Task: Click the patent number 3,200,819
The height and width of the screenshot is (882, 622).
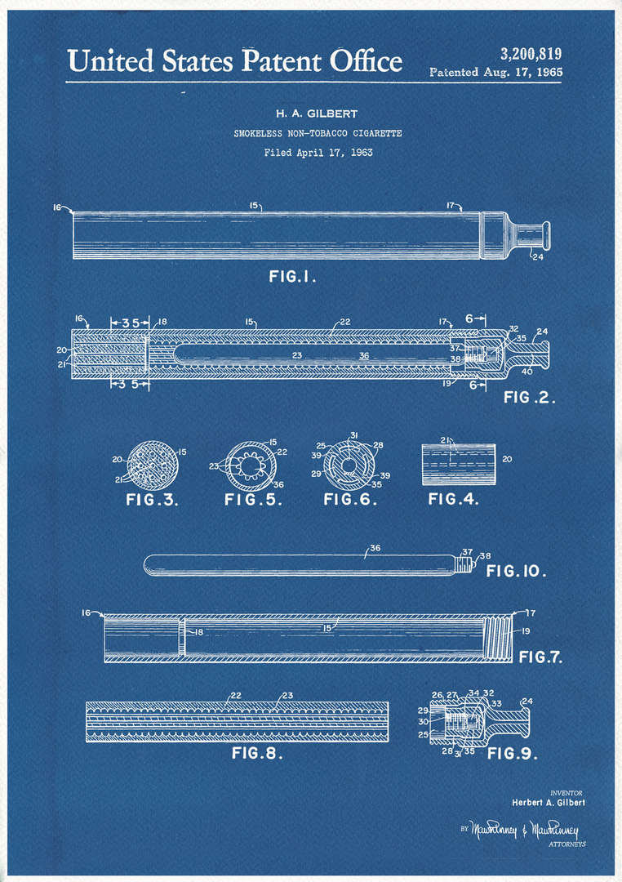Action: pyautogui.click(x=530, y=55)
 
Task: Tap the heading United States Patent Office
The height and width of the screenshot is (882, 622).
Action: pyautogui.click(x=234, y=61)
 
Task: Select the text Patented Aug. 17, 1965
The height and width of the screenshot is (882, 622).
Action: pyautogui.click(x=495, y=72)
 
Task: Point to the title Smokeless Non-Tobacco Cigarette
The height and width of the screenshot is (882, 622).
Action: pyautogui.click(x=318, y=133)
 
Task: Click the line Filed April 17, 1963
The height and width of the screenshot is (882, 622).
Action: pyautogui.click(x=318, y=153)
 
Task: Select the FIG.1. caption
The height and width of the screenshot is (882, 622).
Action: pyautogui.click(x=292, y=277)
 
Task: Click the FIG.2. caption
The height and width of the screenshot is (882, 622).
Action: pyautogui.click(x=529, y=398)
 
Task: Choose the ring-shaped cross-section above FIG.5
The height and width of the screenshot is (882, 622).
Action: pyautogui.click(x=251, y=463)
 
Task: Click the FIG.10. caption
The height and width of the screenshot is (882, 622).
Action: pyautogui.click(x=516, y=571)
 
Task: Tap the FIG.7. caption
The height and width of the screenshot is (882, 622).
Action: pyautogui.click(x=540, y=656)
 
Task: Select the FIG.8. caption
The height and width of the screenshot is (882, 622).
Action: pyautogui.click(x=257, y=753)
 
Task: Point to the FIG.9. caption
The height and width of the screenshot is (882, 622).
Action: pyautogui.click(x=513, y=753)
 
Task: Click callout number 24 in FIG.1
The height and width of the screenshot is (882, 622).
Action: pyautogui.click(x=536, y=257)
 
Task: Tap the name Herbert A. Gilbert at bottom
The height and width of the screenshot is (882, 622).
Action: pyautogui.click(x=548, y=802)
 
